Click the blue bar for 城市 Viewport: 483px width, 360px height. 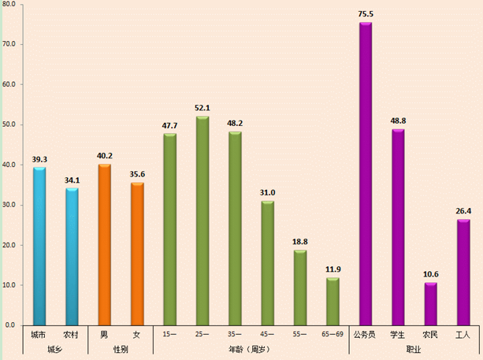pos(39,246)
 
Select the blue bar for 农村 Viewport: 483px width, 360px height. pos(72,256)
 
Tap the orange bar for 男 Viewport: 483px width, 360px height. pos(104,244)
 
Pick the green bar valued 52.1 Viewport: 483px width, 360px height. pos(202,221)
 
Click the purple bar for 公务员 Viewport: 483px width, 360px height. pos(366,173)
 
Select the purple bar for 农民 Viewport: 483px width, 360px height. pos(430,303)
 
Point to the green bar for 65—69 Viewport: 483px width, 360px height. pos(333,301)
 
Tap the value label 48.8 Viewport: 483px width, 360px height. pos(398,121)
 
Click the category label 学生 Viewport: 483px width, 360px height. pos(398,335)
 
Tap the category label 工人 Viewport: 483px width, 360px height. pos(463,335)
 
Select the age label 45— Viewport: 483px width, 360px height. pos(268,335)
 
